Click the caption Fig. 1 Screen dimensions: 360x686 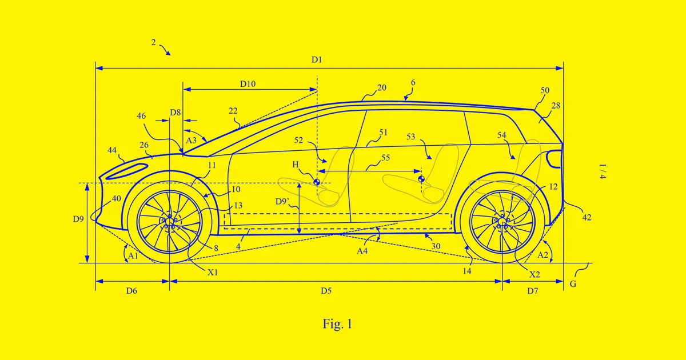pyautogui.click(x=337, y=325)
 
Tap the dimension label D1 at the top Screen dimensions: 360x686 pyautogui.click(x=317, y=59)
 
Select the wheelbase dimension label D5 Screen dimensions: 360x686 pyautogui.click(x=326, y=291)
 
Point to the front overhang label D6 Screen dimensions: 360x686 pyautogui.click(x=131, y=291)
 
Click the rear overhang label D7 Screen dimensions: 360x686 pyautogui.click(x=532, y=291)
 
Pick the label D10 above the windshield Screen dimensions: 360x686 pyautogui.click(x=248, y=84)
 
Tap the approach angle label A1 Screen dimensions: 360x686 pyautogui.click(x=133, y=256)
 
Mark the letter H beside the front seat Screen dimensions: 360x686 pyautogui.click(x=296, y=165)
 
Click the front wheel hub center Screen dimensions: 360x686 pyautogui.click(x=170, y=221)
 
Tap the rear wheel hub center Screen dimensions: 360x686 pyautogui.click(x=502, y=221)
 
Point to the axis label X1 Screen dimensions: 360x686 pyautogui.click(x=213, y=273)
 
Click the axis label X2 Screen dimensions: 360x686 pyautogui.click(x=535, y=274)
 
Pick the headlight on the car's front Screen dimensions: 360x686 pyautogui.click(x=127, y=169)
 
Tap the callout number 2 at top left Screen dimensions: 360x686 pyautogui.click(x=154, y=42)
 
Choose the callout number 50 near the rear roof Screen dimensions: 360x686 pyautogui.click(x=545, y=91)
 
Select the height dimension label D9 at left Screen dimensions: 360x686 pyautogui.click(x=78, y=218)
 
